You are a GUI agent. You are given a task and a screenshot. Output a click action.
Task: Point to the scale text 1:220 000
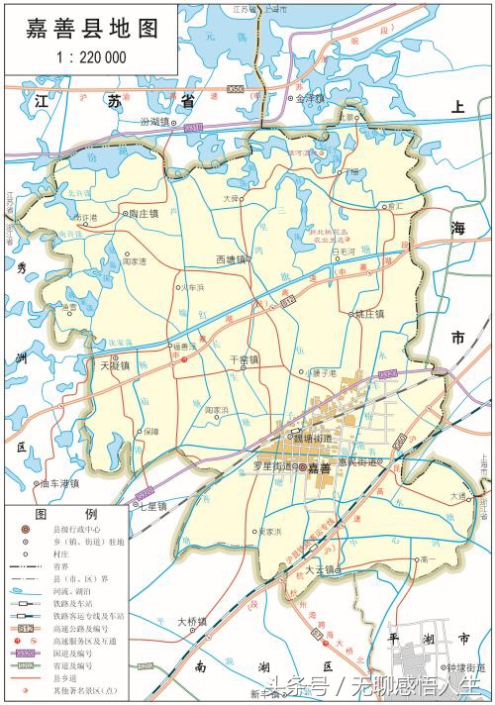(90, 57)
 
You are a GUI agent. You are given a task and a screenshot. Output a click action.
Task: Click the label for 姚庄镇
(368, 314)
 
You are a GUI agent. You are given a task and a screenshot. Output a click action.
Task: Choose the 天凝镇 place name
(115, 365)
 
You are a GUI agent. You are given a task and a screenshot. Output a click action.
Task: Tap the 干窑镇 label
(244, 359)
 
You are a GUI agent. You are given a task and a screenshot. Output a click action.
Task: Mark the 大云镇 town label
(321, 570)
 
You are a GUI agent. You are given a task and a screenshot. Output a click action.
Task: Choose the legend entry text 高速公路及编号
(77, 628)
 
